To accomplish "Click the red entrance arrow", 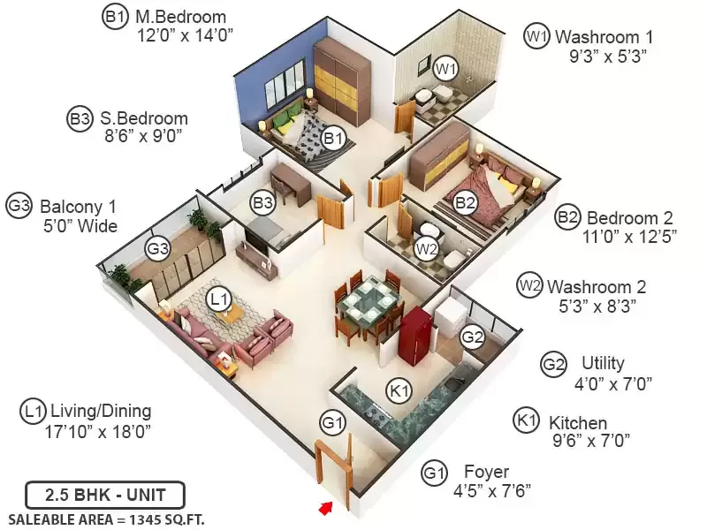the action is pos(325,509).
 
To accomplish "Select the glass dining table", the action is pos(369,302).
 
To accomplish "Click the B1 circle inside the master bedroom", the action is pos(333,138).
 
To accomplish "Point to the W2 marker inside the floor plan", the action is pos(427,248).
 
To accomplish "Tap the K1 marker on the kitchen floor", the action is pos(399,390).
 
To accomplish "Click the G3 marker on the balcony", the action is pos(158,248).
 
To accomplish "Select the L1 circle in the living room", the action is pos(219,299).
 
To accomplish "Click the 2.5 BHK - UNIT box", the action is pos(105,495).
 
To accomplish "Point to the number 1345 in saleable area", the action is pos(145,519).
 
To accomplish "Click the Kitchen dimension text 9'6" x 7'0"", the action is pos(591,440).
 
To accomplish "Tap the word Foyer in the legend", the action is pos(487,472).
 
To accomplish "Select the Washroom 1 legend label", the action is pos(604,37).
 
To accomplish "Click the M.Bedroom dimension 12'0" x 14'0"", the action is pos(185,34).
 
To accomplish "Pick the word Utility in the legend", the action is pos(603,363).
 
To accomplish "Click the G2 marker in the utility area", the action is pos(473,337).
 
